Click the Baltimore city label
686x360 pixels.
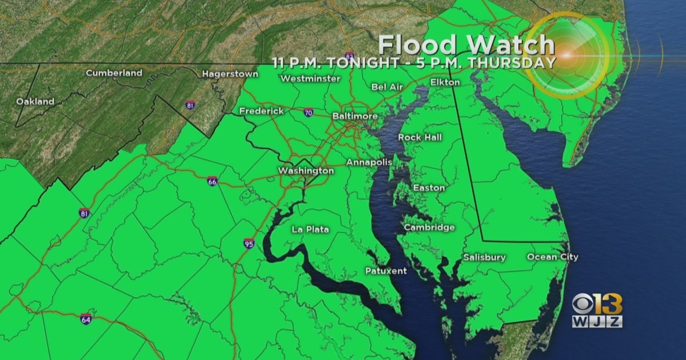[354, 116]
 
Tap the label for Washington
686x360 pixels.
[306, 171]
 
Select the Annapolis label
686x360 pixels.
[369, 162]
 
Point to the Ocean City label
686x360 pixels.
[552, 257]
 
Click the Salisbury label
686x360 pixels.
[484, 257]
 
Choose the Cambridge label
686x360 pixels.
[429, 227]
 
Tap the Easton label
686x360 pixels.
[429, 187]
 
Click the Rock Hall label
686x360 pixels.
[420, 137]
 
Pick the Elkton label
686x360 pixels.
[445, 82]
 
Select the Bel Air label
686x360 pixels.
[387, 87]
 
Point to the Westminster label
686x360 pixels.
[310, 78]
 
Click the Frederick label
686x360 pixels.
[261, 111]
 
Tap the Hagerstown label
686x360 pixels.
[227, 74]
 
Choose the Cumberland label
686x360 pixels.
[114, 73]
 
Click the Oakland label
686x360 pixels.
[35, 102]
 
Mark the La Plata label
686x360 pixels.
[310, 230]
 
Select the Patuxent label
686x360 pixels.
[386, 271]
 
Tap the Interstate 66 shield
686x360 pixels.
[212, 181]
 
